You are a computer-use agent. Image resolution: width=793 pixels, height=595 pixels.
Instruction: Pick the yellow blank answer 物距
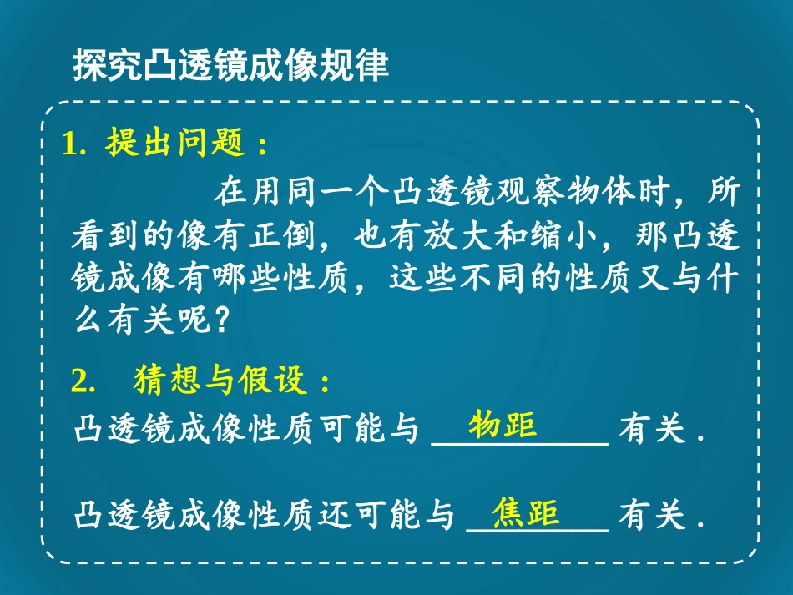tap(501, 425)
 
